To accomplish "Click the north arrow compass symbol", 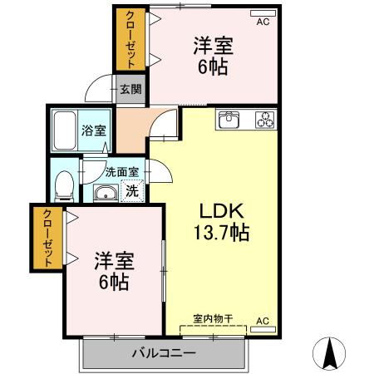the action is pyautogui.click(x=329, y=353).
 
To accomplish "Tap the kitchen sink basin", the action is pyautogui.click(x=229, y=120).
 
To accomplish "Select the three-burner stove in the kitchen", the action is pyautogui.click(x=265, y=120).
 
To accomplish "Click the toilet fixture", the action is pyautogui.click(x=64, y=186).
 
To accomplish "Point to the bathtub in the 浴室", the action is pyautogui.click(x=65, y=130).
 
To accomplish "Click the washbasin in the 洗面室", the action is pyautogui.click(x=106, y=192).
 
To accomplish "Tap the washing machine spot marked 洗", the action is pyautogui.click(x=132, y=190).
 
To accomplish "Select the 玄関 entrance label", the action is pyautogui.click(x=130, y=89).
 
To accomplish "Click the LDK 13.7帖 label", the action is pyautogui.click(x=221, y=222).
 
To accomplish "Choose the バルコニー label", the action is pyautogui.click(x=164, y=353).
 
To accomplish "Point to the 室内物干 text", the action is pyautogui.click(x=213, y=319).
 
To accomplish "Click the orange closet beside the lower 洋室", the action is pyautogui.click(x=47, y=238).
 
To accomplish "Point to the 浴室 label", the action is pyautogui.click(x=94, y=130).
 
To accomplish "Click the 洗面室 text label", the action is pyautogui.click(x=121, y=172).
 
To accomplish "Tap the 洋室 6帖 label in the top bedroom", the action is pyautogui.click(x=213, y=56).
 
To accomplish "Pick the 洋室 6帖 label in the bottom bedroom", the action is pyautogui.click(x=114, y=271).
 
